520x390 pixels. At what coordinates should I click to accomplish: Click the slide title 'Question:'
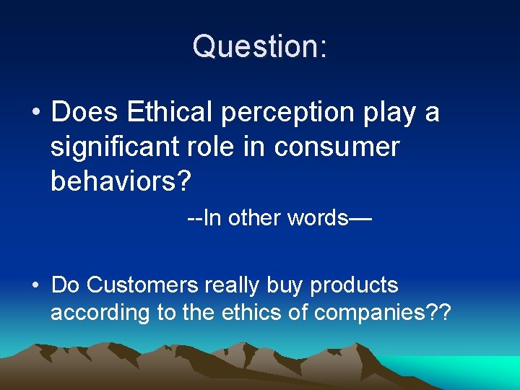[260, 45]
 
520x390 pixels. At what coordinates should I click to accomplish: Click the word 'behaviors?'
[121, 181]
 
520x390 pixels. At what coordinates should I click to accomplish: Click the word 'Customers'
[142, 285]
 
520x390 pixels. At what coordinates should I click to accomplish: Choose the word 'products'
[354, 286]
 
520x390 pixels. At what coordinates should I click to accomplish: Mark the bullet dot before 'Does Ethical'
[35, 113]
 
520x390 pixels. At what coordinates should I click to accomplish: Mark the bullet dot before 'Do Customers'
[35, 286]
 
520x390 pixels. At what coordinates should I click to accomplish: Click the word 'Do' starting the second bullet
[65, 285]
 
